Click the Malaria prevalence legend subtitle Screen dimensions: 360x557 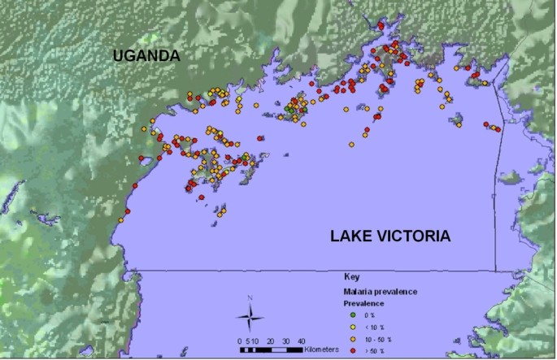click(376, 290)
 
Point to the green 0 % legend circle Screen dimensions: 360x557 click(352, 314)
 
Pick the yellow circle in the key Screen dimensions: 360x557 click(352, 327)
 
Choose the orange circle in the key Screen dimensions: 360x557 click(352, 339)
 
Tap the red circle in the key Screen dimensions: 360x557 click(352, 351)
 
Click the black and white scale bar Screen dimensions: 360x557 click(272, 349)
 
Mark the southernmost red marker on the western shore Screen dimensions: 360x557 click(126, 213)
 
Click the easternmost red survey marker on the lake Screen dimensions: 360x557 click(497, 128)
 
